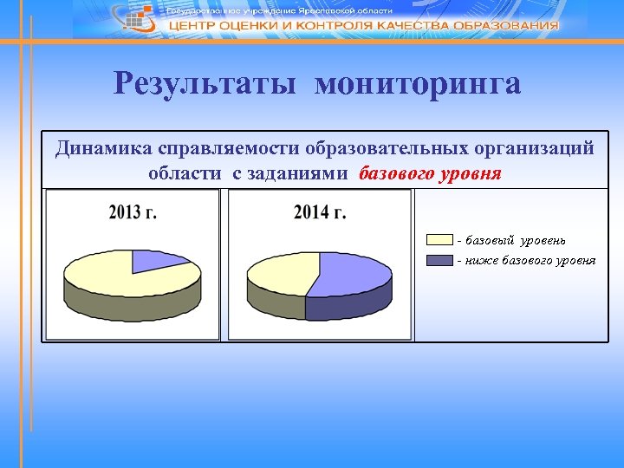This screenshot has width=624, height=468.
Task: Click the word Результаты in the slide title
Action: pyautogui.click(x=207, y=84)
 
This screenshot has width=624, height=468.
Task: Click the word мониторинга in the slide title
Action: pyautogui.click(x=418, y=84)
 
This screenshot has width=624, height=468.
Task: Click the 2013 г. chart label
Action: pyautogui.click(x=133, y=211)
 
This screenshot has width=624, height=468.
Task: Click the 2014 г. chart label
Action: pyautogui.click(x=320, y=211)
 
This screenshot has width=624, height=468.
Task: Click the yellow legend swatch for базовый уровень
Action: pyautogui.click(x=439, y=239)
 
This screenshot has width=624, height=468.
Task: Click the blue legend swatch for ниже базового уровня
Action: pyautogui.click(x=439, y=260)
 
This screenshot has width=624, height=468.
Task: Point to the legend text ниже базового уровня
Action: pyautogui.click(x=529, y=260)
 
